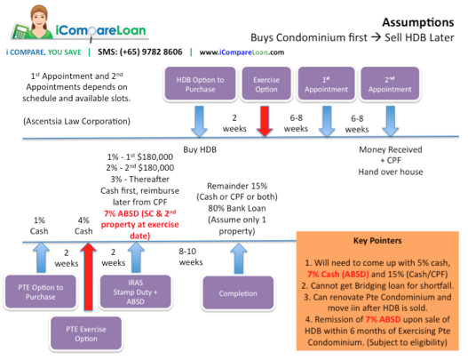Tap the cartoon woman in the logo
click(x=25, y=23)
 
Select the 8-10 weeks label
click(x=190, y=258)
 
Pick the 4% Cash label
click(x=83, y=226)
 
